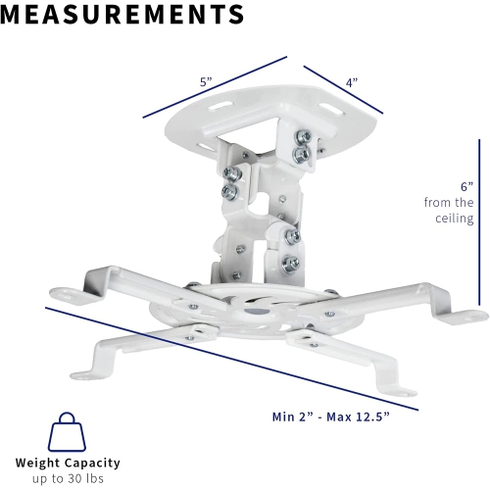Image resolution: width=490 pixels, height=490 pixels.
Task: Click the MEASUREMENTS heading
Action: (x=122, y=14)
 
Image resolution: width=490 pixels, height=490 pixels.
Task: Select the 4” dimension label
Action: (x=351, y=83)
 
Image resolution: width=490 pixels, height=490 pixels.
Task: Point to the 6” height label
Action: (x=467, y=184)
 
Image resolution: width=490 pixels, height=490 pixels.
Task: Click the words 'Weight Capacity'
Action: (x=68, y=463)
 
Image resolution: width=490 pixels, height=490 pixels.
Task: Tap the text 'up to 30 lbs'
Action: (x=68, y=479)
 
